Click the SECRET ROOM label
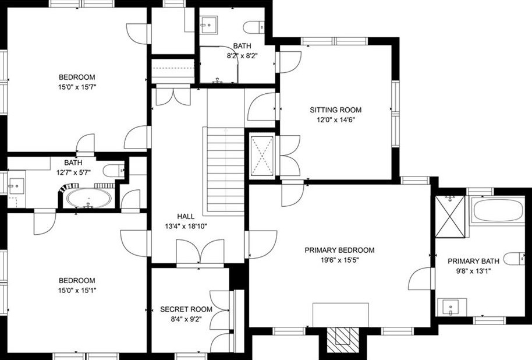pos(186,309)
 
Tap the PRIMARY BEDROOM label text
pos(339,250)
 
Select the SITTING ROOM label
pos(335,110)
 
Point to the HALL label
pos(186,217)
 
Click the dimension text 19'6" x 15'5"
pos(339,260)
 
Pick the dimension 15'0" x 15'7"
pos(77,87)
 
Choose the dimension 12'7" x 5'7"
pos(73,172)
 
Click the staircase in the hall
pos(225,172)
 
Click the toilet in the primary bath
pos(515,259)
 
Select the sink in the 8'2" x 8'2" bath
pos(208,24)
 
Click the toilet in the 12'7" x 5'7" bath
pos(114,170)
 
